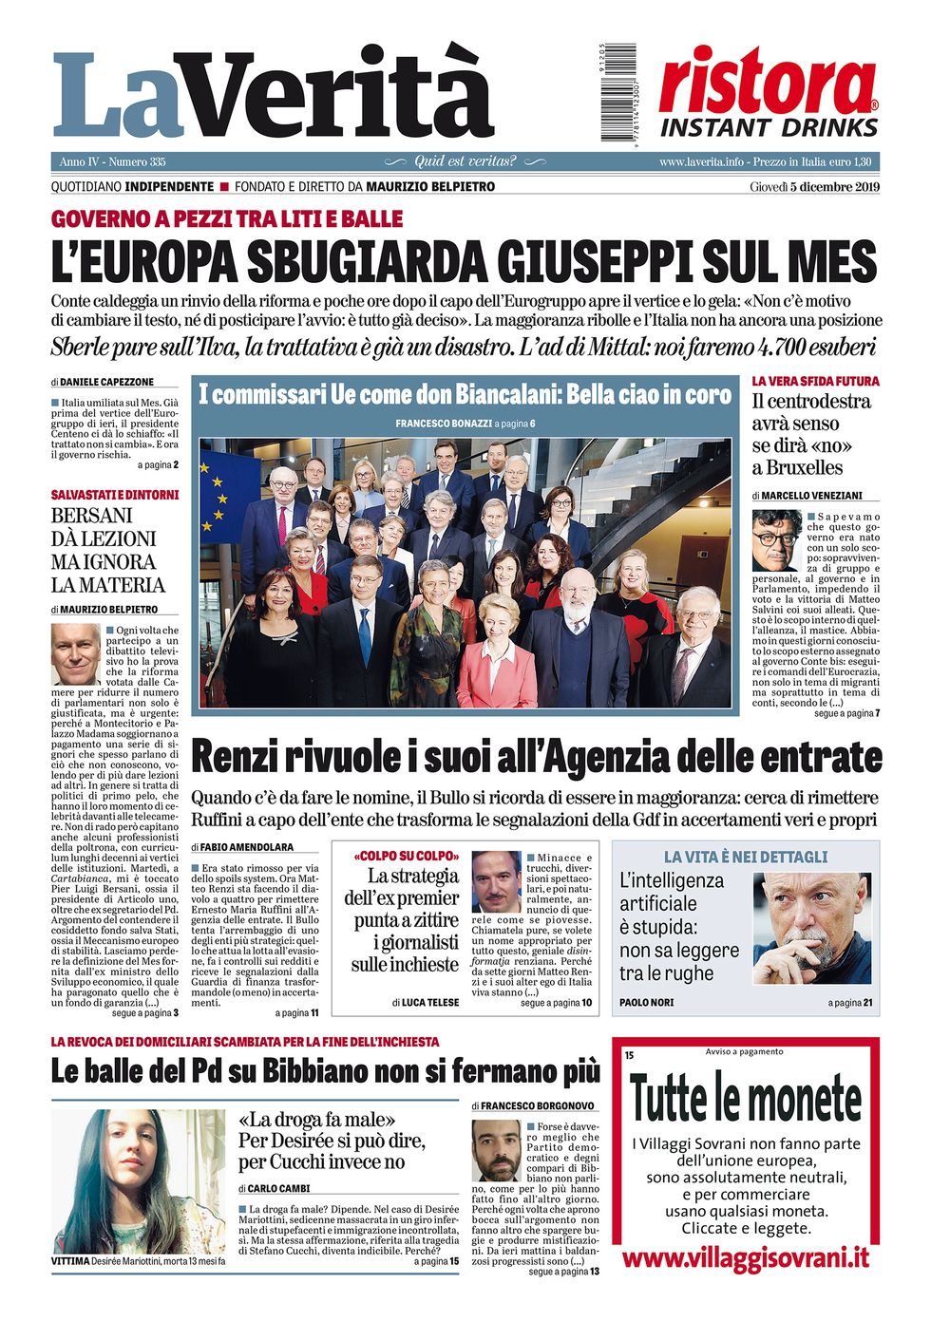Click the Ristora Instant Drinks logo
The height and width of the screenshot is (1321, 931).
(x=769, y=92)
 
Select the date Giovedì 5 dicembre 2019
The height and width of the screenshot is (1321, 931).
(x=814, y=186)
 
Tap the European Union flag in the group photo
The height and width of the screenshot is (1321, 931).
(x=218, y=484)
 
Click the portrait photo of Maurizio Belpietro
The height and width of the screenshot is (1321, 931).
(x=75, y=653)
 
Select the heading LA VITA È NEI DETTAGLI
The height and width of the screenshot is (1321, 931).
(x=745, y=857)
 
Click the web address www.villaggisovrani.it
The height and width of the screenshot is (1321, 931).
(x=745, y=1258)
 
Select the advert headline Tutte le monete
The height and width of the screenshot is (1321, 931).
(x=745, y=1100)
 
